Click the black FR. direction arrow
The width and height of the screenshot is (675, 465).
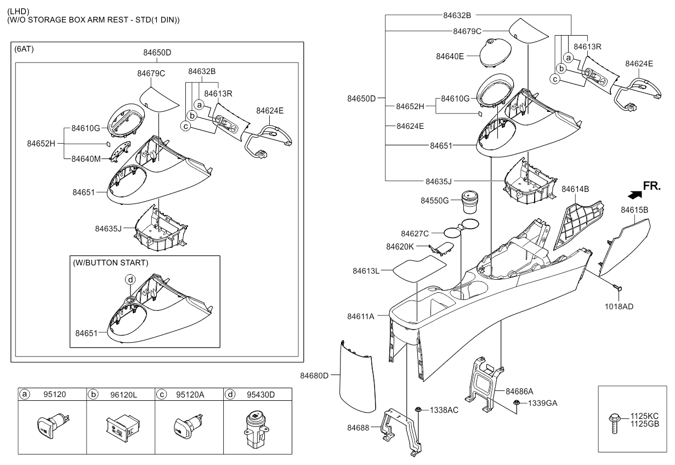click(634, 195)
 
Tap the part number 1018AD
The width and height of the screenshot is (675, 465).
click(619, 307)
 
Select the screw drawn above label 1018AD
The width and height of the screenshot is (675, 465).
click(616, 287)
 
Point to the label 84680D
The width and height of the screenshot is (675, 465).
click(314, 376)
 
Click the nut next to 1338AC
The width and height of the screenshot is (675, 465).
click(418, 410)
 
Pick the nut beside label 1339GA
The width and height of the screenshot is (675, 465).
click(516, 402)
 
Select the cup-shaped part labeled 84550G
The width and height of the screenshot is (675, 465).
click(470, 202)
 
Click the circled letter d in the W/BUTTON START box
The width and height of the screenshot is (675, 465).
click(130, 280)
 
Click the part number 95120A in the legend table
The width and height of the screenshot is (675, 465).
click(190, 395)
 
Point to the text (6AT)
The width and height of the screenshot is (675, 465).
click(24, 49)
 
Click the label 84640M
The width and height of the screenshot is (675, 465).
click(86, 159)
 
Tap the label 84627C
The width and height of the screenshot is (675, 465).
click(415, 234)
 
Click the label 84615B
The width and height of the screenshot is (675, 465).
click(634, 210)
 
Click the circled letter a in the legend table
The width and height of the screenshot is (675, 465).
click(25, 394)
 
